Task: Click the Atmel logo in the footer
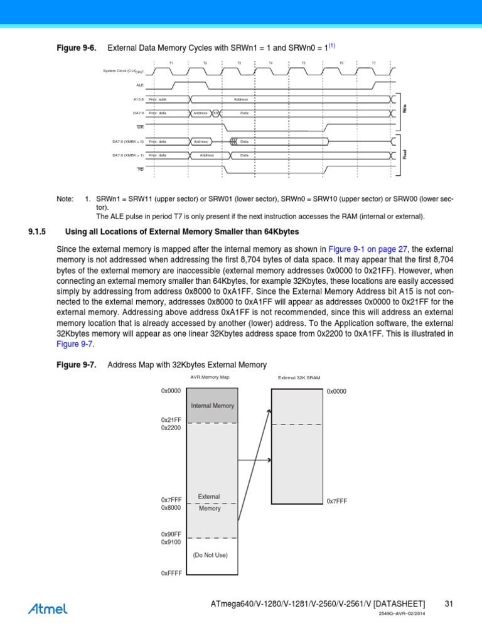click(48, 608)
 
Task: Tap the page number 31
click(449, 604)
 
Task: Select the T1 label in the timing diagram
click(171, 63)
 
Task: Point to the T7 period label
click(373, 63)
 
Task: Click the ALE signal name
click(140, 84)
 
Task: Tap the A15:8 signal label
click(138, 99)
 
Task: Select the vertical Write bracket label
click(405, 108)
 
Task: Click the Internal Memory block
click(212, 406)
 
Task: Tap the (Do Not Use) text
click(210, 555)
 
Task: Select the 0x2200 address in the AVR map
click(171, 427)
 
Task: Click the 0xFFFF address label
click(171, 573)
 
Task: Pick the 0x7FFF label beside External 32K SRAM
click(336, 501)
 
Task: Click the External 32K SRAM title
click(299, 378)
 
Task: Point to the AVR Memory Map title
click(210, 377)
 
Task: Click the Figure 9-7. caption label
click(76, 365)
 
